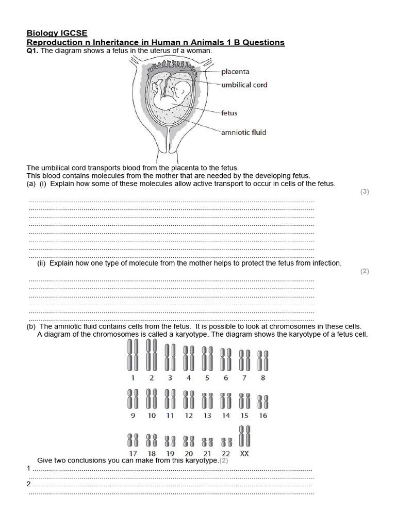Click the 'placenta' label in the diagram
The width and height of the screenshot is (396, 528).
(x=235, y=72)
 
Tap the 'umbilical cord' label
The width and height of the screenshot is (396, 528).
(x=244, y=85)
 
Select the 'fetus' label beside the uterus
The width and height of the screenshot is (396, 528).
(x=229, y=112)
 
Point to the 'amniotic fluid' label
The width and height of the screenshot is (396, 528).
(x=243, y=133)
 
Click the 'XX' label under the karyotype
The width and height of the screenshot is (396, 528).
(x=245, y=454)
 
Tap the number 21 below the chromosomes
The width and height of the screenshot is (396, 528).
(x=207, y=454)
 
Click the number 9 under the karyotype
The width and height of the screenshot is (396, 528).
(x=133, y=416)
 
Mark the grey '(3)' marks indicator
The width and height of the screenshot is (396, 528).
(x=365, y=192)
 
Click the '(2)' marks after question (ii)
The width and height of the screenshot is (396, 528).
(x=365, y=271)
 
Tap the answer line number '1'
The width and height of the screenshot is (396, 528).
(x=29, y=468)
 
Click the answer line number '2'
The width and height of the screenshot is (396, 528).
(x=29, y=484)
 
